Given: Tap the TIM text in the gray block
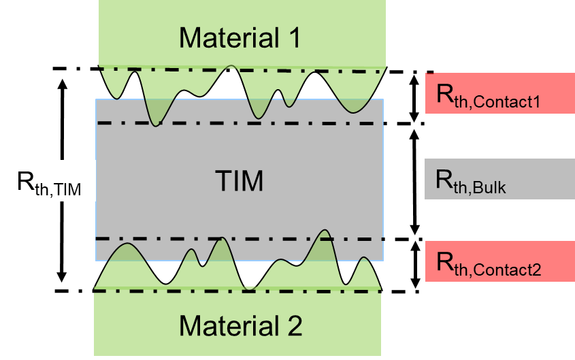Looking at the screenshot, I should coord(239,182).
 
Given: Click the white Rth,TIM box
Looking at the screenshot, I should coord(49,181).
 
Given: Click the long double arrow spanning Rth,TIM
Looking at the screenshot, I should coord(63,136).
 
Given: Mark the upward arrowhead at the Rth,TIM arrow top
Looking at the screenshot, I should coord(63,84).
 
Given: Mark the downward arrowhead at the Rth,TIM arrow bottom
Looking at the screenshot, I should coord(63,278).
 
